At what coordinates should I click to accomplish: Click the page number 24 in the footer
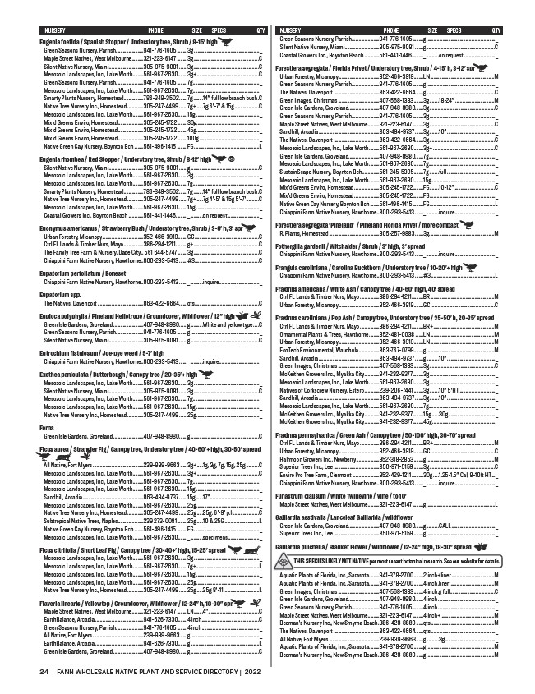44,671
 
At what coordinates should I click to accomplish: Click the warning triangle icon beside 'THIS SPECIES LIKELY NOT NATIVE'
284,536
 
